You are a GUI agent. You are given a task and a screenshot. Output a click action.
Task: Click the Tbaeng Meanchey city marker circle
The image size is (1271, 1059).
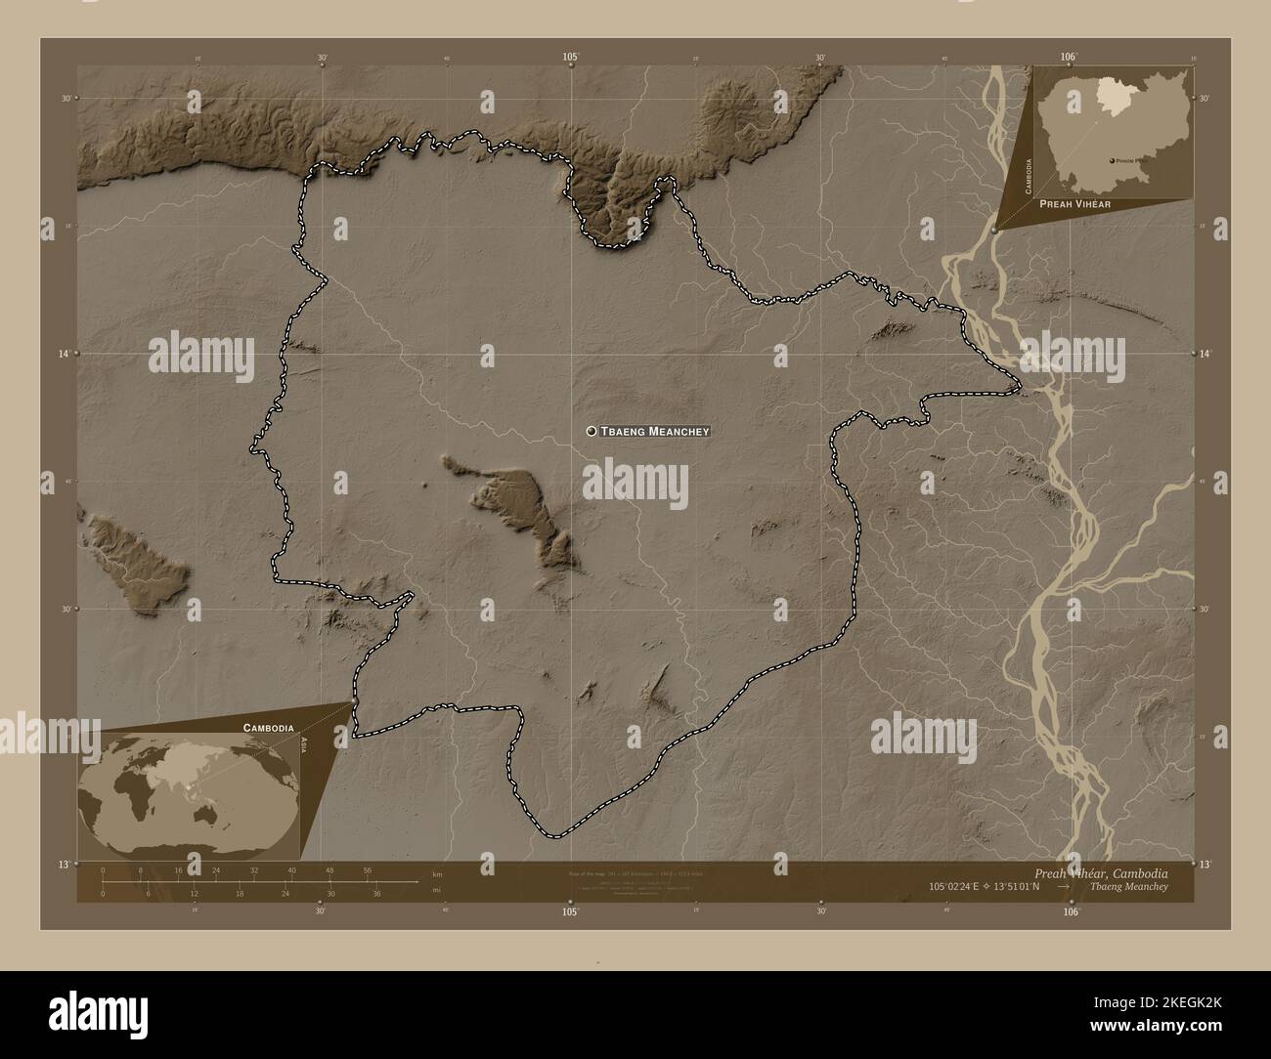592,431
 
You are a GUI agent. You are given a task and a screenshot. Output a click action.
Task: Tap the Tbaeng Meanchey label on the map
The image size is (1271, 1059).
654,431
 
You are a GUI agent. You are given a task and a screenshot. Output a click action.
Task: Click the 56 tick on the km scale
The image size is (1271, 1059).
368,869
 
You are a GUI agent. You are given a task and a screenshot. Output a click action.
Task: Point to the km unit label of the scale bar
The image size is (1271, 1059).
437,872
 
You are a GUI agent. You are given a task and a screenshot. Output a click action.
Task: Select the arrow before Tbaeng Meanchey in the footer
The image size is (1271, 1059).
1069,886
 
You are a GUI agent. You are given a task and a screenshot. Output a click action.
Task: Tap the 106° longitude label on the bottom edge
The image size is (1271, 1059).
1071,911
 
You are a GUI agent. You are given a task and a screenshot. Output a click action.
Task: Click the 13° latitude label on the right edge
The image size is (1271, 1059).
1205,865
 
